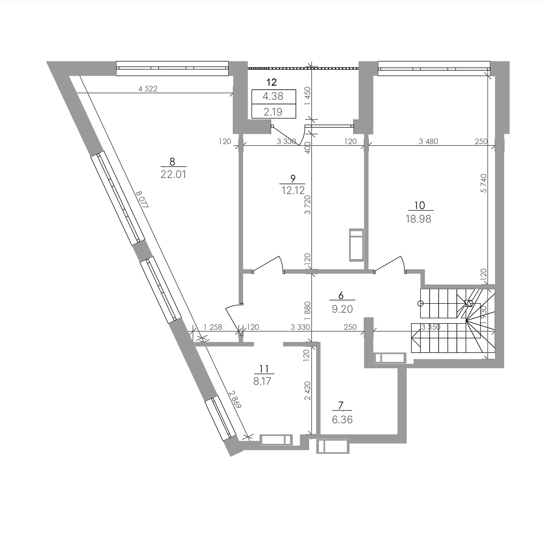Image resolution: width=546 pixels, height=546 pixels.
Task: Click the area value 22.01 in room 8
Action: (174, 174)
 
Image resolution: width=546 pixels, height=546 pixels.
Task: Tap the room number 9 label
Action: (293, 179)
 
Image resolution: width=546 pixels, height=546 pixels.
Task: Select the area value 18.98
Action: (419, 219)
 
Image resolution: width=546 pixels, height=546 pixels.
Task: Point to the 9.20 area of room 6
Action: (342, 309)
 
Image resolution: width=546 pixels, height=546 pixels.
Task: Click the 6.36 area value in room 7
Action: (342, 420)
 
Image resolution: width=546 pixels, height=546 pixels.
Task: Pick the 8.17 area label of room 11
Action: (262, 381)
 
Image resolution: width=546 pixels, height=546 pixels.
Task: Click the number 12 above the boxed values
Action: (271, 82)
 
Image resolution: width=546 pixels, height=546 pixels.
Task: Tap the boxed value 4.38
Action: (273, 96)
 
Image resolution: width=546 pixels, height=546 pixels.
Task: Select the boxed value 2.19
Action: (273, 112)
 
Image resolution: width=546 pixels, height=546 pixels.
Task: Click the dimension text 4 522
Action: (148, 89)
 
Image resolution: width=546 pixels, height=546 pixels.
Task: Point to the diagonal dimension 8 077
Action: (142, 200)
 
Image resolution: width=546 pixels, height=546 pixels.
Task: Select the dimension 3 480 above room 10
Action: (428, 141)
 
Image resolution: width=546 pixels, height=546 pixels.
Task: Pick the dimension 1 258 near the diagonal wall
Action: (213, 327)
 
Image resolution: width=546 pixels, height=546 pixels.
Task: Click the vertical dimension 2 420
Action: (308, 391)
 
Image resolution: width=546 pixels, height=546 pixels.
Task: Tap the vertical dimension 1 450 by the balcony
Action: (308, 96)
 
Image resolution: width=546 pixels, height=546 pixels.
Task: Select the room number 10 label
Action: (420, 206)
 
